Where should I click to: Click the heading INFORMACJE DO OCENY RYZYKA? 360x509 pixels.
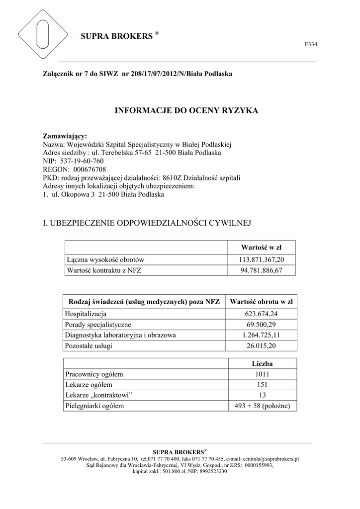pos(187,110)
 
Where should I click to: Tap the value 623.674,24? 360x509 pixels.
pos(261,314)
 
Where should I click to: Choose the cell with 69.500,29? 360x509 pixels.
pos(261,325)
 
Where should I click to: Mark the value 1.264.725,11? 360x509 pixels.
pos(261,335)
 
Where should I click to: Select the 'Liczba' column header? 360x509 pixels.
pos(262,364)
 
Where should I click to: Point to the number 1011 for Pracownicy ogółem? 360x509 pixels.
pos(262,374)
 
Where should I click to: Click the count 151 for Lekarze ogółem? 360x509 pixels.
pos(262,385)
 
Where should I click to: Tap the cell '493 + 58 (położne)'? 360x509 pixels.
pos(262,406)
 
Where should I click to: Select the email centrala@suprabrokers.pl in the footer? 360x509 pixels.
pos(270,459)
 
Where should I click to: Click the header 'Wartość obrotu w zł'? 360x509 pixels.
pos(261,301)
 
